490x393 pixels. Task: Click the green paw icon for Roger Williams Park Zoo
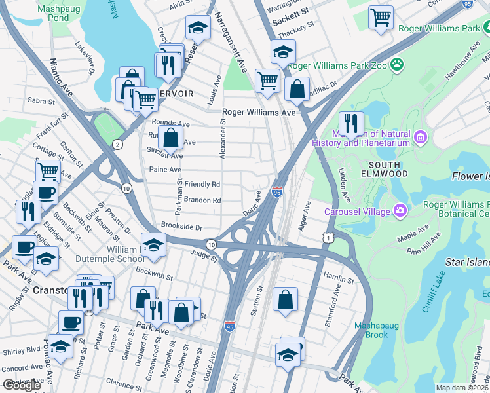pyautogui.click(x=396, y=64)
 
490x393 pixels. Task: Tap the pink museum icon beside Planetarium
pyautogui.click(x=420, y=138)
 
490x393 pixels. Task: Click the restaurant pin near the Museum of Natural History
pyautogui.click(x=351, y=122)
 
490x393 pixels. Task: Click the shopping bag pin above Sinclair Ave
pyautogui.click(x=170, y=138)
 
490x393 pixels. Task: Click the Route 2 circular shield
pyautogui.click(x=117, y=143)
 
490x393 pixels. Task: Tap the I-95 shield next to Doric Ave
pyautogui.click(x=277, y=193)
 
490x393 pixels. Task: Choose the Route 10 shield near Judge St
pyautogui.click(x=211, y=244)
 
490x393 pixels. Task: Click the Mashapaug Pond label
pyautogui.click(x=53, y=13)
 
